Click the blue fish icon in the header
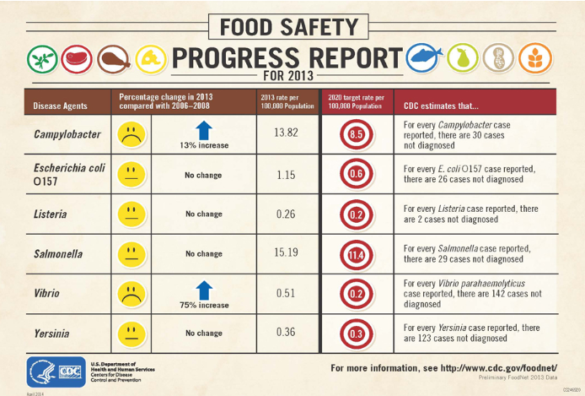pos(427,57)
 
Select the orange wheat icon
pos(538,57)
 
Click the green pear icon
pos(467,57)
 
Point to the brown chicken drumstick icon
pos(113,59)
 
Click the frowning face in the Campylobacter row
pos(131,133)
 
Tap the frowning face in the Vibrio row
pos(131,293)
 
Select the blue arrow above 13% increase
pos(203,128)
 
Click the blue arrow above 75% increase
pos(203,288)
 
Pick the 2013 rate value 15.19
pos(287,252)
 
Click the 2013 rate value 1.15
pos(287,174)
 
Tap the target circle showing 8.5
pos(356,134)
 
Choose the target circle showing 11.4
pos(356,253)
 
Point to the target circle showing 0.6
pos(356,174)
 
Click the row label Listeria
pos(52,214)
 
